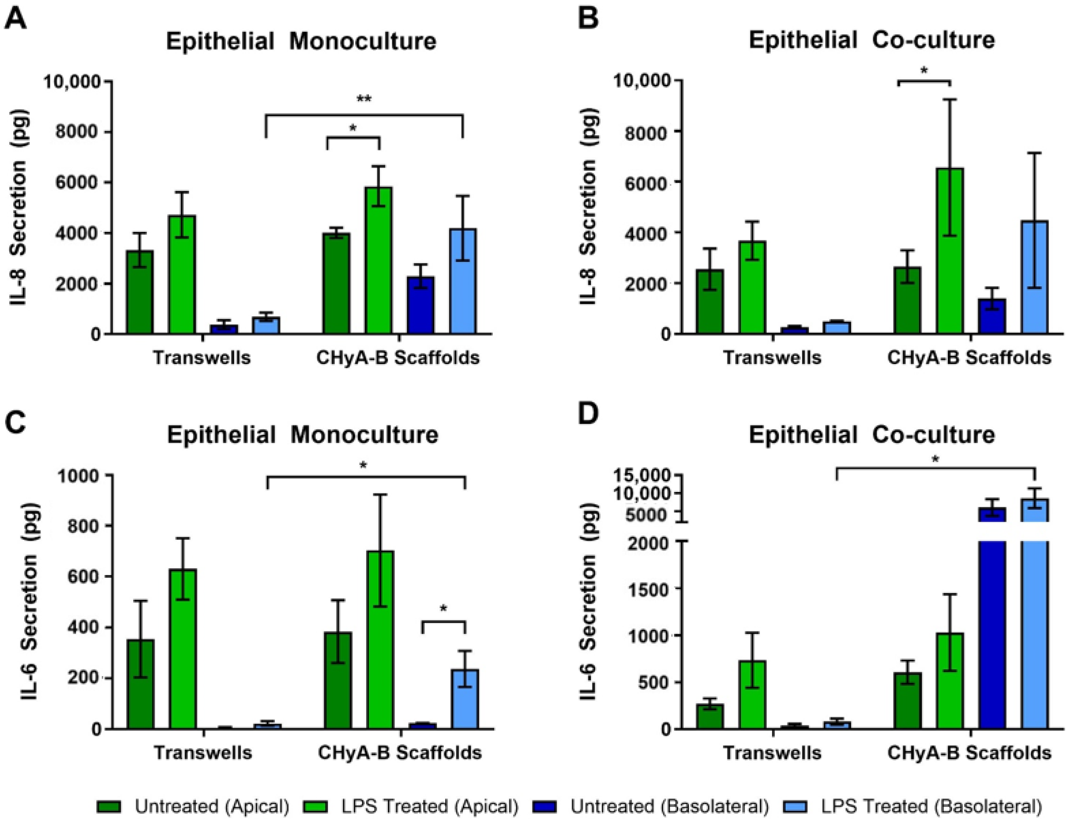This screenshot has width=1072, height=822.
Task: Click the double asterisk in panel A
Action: [x=364, y=99]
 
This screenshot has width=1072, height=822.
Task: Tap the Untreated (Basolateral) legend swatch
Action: [x=546, y=806]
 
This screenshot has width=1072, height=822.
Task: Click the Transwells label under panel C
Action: [x=203, y=753]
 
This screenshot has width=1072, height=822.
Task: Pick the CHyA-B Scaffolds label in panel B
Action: [x=969, y=358]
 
